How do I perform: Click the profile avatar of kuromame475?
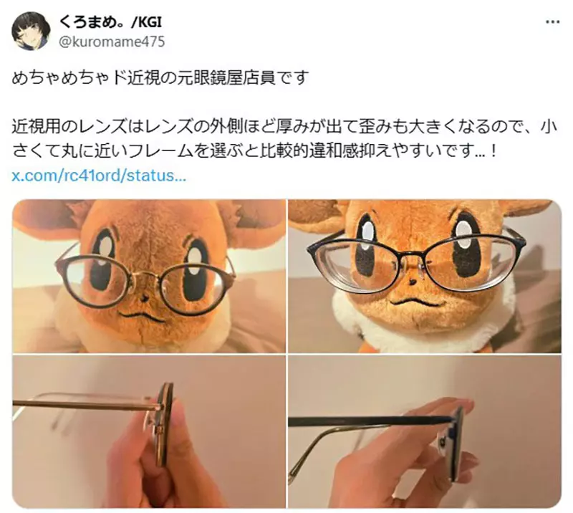click(x=32, y=32)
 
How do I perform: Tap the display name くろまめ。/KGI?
click(x=119, y=23)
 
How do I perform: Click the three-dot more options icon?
click(x=552, y=22)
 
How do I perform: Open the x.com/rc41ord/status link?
click(x=100, y=176)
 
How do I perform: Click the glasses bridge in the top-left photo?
click(x=146, y=273)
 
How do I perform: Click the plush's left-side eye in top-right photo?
click(x=367, y=246)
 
